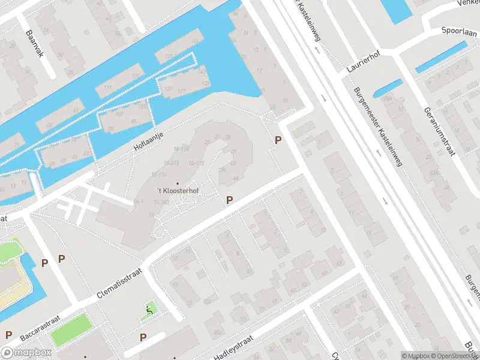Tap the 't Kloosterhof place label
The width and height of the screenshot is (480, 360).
click(177, 191)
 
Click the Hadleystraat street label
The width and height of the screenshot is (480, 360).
click(234, 347)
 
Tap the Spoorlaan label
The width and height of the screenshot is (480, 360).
click(460, 29)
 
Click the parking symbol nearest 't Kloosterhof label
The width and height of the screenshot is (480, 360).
click(229, 200)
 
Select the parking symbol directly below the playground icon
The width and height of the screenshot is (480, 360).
click(143, 338)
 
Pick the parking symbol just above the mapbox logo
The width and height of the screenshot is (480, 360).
click(8, 335)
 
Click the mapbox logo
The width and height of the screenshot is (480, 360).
click(26, 353)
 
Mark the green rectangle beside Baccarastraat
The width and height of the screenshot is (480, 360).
click(71, 330)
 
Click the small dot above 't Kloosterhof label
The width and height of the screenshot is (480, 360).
click(177, 183)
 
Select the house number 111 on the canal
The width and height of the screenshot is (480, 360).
click(108, 88)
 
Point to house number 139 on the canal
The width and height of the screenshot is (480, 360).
click(178, 56)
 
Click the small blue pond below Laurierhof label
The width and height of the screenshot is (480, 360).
click(388, 88)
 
